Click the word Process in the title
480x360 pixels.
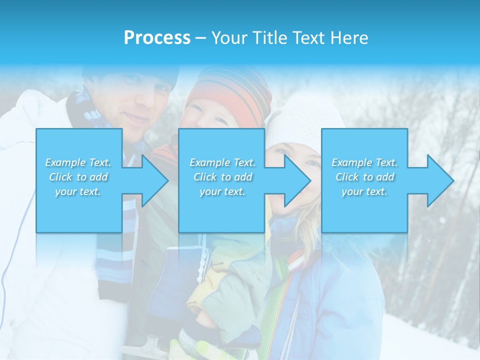tap(157, 38)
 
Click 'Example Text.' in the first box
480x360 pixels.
tap(78, 162)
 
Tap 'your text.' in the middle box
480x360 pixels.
tap(222, 191)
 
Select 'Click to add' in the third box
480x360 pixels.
tap(365, 177)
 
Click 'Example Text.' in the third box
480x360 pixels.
tap(365, 162)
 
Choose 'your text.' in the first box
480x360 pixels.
tap(78, 191)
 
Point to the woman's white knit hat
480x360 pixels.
tap(300, 117)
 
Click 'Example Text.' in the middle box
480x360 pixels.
tap(222, 162)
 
